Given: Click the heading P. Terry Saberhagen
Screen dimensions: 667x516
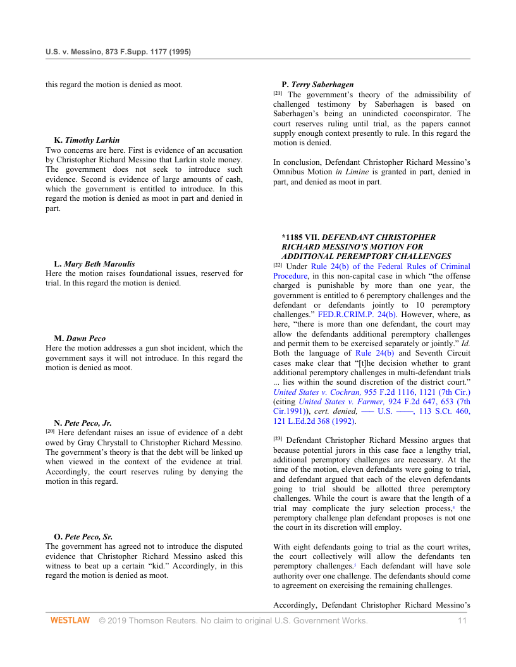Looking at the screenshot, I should [x=317, y=85].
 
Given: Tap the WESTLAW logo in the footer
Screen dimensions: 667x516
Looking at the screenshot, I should [x=70, y=621].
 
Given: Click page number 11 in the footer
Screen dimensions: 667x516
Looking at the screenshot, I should [x=462, y=621].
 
